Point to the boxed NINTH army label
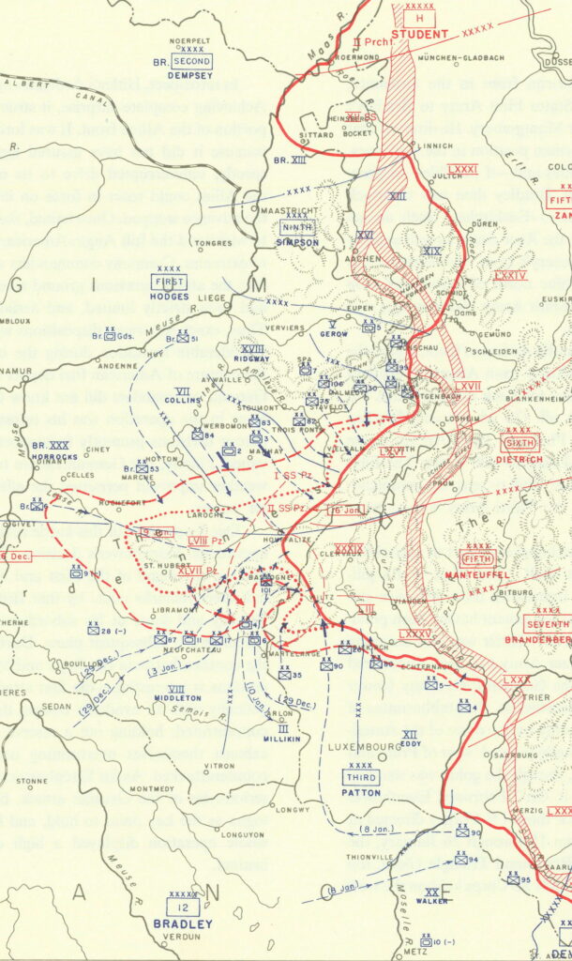tap(297, 226)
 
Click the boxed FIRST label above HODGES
tap(170, 282)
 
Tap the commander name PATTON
tap(361, 793)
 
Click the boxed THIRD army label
tap(361, 778)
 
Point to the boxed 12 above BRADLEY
tap(183, 907)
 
